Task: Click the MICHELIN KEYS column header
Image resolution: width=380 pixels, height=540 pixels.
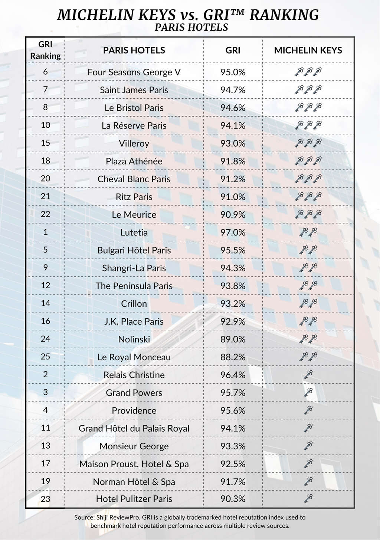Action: [308, 51]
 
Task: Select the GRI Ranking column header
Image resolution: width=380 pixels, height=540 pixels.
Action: [45, 50]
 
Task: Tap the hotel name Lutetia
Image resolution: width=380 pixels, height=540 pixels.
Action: [134, 233]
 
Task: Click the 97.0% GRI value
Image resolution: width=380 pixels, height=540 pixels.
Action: [233, 233]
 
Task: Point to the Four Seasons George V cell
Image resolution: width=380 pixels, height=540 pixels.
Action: [134, 72]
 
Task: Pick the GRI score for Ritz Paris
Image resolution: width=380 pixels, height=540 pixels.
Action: [233, 197]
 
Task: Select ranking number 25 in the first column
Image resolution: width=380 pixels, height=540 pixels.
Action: [45, 357]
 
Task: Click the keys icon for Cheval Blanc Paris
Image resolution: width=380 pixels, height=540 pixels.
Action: [308, 179]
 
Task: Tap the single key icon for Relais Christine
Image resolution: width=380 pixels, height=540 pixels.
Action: [308, 375]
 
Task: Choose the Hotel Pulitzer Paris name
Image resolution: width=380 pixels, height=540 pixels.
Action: [134, 499]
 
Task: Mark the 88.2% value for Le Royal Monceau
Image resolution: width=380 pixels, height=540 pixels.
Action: [233, 357]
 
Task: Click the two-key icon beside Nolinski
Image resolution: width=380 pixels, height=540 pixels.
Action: [308, 339]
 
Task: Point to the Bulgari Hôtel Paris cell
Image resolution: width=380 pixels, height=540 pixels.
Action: [134, 251]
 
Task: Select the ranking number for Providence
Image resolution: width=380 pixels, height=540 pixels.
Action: [45, 410]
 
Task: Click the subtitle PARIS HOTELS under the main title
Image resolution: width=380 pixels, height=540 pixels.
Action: [191, 27]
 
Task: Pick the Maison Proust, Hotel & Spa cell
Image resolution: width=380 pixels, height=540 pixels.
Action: [134, 464]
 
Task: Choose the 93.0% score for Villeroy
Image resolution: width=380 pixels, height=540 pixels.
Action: [233, 144]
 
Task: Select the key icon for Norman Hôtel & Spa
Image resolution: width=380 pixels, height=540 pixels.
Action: [308, 482]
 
